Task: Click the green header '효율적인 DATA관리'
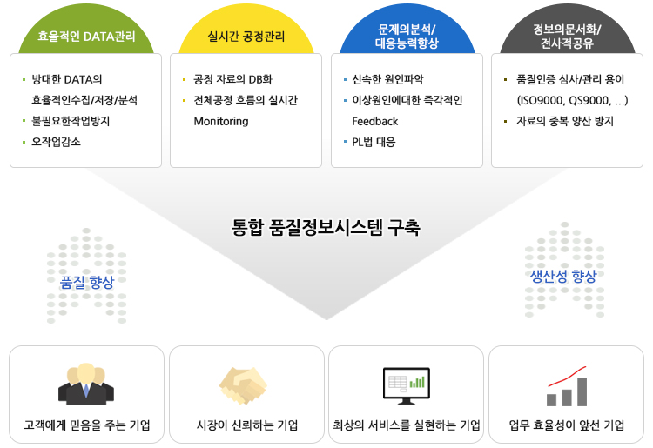point(86,37)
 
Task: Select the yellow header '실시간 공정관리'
point(246,37)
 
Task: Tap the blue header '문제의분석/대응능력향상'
point(407,37)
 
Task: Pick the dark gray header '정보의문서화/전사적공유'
point(567,37)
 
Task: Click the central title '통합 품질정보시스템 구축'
point(326,227)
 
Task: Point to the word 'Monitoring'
point(221,122)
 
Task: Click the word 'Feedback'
point(374,122)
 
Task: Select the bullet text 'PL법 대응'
point(374,143)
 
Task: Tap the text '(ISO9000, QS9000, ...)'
point(572,100)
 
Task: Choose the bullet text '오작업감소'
point(57,143)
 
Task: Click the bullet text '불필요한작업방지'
point(71,121)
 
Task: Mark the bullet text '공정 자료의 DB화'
point(232,79)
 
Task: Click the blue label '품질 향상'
point(86,283)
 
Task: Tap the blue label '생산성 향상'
point(563,276)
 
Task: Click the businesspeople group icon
point(86,384)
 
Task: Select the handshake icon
point(243,385)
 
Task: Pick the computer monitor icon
point(407,385)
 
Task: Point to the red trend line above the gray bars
point(567,378)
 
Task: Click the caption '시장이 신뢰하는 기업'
point(247,425)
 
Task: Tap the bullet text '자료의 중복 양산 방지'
point(565,121)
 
